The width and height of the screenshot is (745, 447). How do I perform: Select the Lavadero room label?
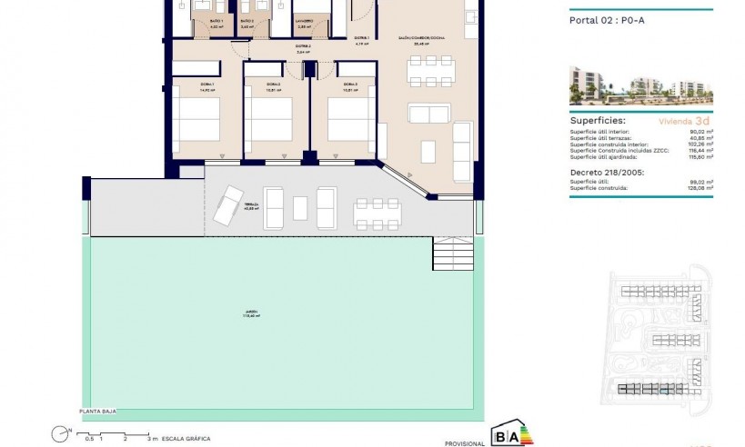coord(305,21)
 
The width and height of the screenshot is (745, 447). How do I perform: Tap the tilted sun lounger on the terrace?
coord(227,204)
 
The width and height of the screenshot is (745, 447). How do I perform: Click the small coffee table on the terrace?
coord(300,208)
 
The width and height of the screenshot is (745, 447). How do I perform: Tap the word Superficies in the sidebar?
coord(597,119)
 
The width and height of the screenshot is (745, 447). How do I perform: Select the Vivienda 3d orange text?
coord(683,120)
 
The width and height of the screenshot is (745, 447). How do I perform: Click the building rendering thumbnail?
coord(640,85)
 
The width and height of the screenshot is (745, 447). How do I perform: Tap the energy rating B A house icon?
coord(512,433)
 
